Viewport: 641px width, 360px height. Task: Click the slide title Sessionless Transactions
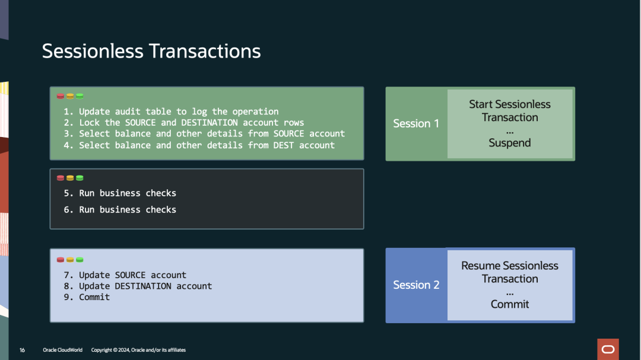pos(151,52)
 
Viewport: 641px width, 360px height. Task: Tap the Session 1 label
pos(415,123)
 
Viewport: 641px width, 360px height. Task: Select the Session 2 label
pos(416,285)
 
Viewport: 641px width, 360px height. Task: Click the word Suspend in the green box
pos(510,143)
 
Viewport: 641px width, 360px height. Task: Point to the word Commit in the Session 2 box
pos(510,304)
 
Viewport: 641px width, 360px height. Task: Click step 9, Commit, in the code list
pos(87,297)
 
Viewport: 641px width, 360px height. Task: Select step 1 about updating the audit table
pos(171,111)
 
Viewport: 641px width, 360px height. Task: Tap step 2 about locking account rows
pos(183,123)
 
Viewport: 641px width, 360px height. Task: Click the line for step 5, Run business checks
pos(120,193)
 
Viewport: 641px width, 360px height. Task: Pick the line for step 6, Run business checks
pos(120,209)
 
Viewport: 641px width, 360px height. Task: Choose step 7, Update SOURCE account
pos(125,275)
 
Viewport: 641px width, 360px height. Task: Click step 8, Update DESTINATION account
pos(138,286)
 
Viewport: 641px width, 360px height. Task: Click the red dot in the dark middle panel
pos(61,178)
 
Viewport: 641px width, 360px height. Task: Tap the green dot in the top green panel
pos(80,97)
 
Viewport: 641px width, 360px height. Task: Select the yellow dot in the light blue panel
pos(70,260)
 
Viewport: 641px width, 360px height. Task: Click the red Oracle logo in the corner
pos(608,349)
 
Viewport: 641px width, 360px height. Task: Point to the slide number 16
pos(22,350)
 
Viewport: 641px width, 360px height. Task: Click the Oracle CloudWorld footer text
pos(62,350)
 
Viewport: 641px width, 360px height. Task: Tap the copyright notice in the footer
pos(138,350)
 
